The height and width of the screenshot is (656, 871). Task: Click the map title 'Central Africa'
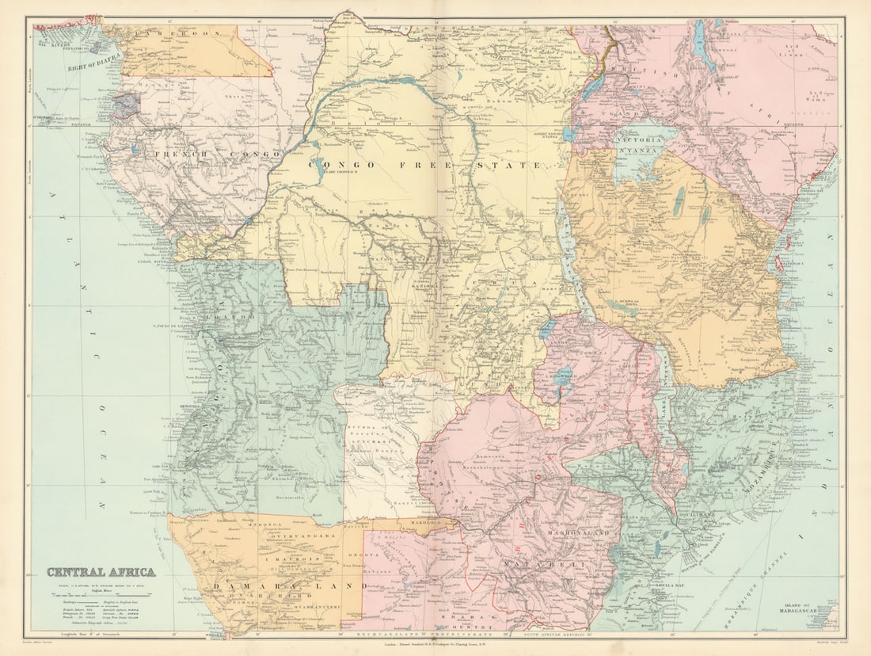101,572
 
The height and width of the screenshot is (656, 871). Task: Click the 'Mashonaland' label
578,535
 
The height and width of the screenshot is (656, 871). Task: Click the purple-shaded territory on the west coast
125,105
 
